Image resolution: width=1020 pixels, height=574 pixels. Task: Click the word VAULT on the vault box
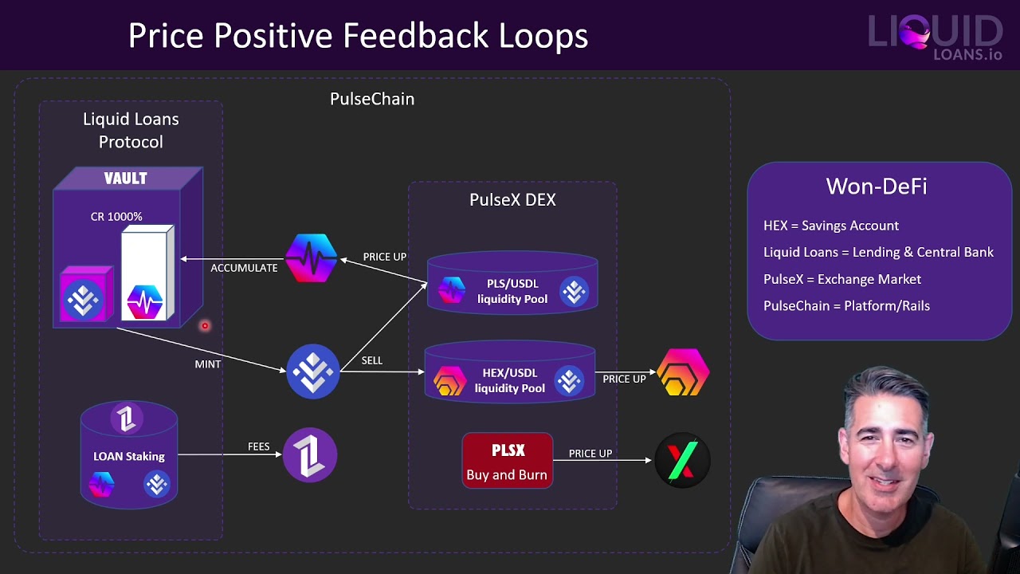click(x=125, y=178)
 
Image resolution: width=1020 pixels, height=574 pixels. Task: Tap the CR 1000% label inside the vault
click(x=116, y=216)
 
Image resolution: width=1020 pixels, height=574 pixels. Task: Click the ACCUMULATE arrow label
click(x=244, y=268)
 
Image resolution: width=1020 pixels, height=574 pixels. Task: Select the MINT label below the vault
click(x=208, y=364)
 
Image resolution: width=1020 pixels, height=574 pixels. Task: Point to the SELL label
click(x=372, y=360)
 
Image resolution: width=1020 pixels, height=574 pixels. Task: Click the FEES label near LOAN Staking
click(x=259, y=446)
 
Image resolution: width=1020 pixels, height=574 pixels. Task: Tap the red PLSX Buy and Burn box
click(x=508, y=461)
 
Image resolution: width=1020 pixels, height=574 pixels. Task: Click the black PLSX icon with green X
click(x=682, y=460)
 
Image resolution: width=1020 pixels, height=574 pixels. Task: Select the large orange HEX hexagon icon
click(x=683, y=372)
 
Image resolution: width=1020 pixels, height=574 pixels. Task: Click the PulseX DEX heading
click(x=512, y=199)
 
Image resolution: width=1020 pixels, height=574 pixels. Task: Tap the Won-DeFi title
click(x=877, y=186)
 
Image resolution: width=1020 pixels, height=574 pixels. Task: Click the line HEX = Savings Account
click(x=831, y=226)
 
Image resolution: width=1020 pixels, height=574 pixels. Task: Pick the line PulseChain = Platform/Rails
click(x=846, y=305)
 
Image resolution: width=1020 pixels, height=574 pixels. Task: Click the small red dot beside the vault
click(x=205, y=326)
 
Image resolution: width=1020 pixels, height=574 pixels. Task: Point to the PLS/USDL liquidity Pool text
click(x=512, y=291)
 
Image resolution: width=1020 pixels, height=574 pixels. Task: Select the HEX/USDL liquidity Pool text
click(x=509, y=380)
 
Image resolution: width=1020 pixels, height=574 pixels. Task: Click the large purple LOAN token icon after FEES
click(x=310, y=454)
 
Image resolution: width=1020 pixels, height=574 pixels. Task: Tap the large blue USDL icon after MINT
click(x=313, y=372)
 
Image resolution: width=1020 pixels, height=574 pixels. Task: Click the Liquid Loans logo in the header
click(x=936, y=37)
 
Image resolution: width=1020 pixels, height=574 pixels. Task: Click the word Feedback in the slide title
click(x=415, y=36)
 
